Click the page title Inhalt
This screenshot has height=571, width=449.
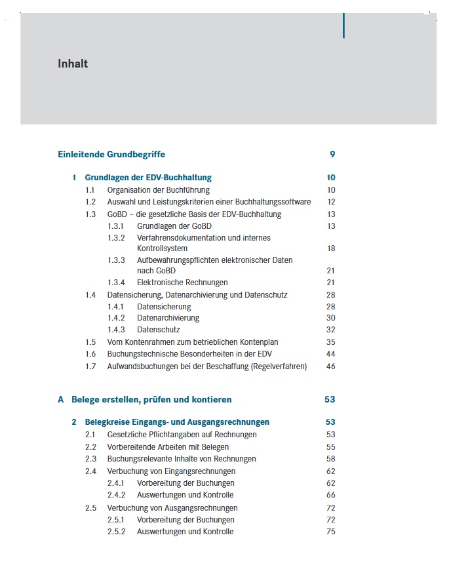click(x=73, y=64)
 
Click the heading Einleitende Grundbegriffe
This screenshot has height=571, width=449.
click(x=111, y=155)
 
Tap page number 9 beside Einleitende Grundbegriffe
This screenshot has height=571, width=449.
click(x=332, y=155)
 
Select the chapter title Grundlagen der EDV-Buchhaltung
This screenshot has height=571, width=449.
click(x=148, y=178)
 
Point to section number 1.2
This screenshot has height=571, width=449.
click(x=90, y=202)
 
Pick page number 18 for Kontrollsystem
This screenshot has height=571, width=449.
click(x=331, y=248)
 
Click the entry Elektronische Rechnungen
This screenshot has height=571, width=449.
click(x=182, y=283)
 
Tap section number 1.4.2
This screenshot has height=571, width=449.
click(x=116, y=318)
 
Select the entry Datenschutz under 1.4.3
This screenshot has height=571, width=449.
click(x=158, y=330)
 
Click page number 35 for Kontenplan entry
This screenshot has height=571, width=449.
click(x=331, y=342)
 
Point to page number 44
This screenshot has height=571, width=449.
click(x=331, y=354)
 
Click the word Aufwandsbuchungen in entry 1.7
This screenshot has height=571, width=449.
click(x=136, y=366)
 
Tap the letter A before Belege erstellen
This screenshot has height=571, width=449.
click(x=61, y=399)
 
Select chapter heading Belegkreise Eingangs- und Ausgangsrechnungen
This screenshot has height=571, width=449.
click(x=177, y=422)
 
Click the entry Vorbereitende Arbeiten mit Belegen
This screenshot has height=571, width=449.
click(x=168, y=447)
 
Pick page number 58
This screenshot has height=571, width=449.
click(x=331, y=459)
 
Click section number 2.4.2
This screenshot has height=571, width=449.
click(x=116, y=495)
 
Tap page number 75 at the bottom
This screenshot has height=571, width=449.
click(x=331, y=532)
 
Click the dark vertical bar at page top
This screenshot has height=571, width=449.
click(x=343, y=25)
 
